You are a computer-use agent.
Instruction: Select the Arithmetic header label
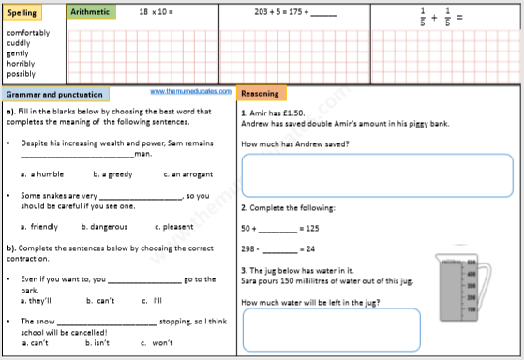coord(92,12)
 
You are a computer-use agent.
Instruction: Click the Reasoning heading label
coord(262,94)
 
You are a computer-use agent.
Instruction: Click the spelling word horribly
coord(22,63)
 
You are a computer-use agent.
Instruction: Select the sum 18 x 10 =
coord(156,12)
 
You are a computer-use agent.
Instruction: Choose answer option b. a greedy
coord(112,173)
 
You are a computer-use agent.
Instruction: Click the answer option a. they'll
coord(37,301)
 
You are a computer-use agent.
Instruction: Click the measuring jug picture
coord(460,286)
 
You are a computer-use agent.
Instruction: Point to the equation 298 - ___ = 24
coord(277,248)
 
